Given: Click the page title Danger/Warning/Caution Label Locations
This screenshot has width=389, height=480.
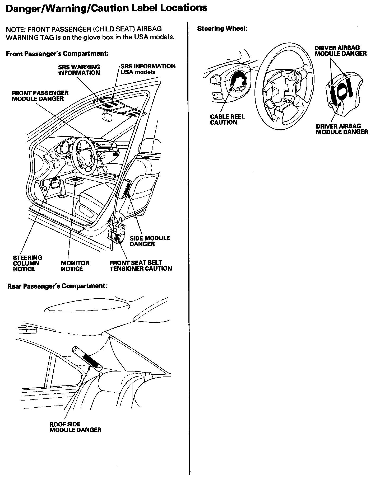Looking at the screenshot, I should (x=106, y=8).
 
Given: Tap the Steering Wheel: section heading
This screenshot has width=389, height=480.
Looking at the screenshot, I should (x=222, y=29).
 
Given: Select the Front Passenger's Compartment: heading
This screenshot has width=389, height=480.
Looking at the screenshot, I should (x=57, y=54).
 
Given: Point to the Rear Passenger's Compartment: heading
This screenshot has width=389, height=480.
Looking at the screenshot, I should (x=57, y=286).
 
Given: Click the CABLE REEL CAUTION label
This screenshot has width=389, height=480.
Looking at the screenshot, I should (x=227, y=119).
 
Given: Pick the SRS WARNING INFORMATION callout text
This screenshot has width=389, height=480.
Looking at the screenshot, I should (x=79, y=70).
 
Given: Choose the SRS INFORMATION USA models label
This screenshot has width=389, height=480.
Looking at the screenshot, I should (x=148, y=69).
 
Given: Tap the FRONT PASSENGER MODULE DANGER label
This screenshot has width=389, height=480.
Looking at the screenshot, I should (x=40, y=96).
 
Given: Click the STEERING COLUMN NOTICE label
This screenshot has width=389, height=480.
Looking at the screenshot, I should (x=27, y=263).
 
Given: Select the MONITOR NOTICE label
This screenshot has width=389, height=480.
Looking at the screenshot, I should (x=75, y=266).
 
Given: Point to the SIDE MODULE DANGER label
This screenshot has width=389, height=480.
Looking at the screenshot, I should (x=150, y=241).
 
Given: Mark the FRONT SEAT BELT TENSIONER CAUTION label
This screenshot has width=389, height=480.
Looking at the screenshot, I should (x=141, y=266).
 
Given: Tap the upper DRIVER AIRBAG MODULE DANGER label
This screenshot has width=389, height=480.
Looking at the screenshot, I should (x=340, y=51).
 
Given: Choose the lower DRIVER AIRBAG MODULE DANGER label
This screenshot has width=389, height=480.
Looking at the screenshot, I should (x=342, y=129).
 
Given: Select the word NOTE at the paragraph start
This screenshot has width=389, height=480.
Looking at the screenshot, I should (x=14, y=29).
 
